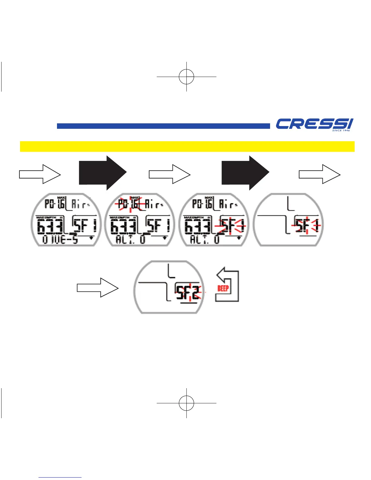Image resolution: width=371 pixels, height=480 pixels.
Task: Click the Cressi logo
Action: tap(314, 124)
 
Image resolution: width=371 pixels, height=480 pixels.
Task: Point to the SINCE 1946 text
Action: tap(341, 131)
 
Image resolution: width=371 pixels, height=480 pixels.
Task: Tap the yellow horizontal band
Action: tap(187, 146)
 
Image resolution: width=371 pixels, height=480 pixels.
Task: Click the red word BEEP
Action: tap(223, 288)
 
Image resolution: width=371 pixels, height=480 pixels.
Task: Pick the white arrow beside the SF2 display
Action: tap(98, 288)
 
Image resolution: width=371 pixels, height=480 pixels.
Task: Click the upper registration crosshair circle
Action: tap(186, 77)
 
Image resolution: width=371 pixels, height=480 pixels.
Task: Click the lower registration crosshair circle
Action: tap(186, 403)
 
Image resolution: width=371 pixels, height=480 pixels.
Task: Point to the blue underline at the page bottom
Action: tap(60, 478)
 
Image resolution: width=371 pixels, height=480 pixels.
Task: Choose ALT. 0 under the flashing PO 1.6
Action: tap(131, 240)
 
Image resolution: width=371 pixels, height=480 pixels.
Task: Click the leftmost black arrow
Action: tap(103, 173)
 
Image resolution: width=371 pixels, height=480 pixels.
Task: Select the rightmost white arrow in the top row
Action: tap(319, 174)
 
